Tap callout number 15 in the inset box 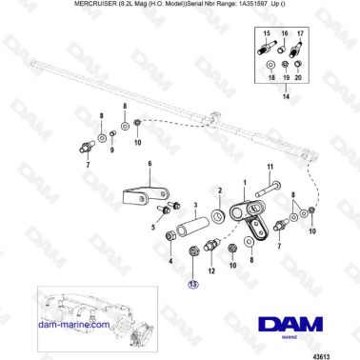[267, 32]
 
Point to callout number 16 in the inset [284, 32]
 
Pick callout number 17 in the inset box [301, 32]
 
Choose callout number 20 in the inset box [301, 79]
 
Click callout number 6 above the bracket [150, 165]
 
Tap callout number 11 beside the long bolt [270, 167]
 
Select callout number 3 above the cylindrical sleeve [195, 205]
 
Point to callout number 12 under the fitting [211, 270]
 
